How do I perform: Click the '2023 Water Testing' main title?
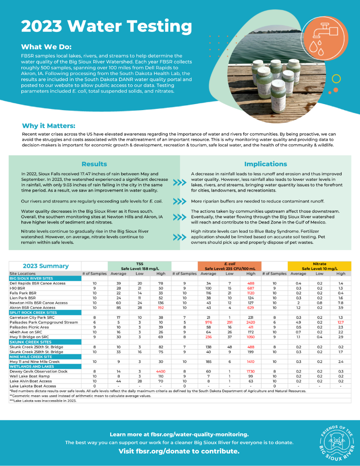(x=107, y=26)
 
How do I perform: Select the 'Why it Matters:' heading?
(x=48, y=126)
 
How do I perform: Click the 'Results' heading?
(x=94, y=164)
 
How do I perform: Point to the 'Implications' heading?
(x=265, y=164)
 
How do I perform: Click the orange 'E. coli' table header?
(x=229, y=266)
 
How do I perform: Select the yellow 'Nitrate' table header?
(x=320, y=266)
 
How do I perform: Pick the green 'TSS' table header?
(x=139, y=266)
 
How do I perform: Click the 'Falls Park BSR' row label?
(x=23, y=293)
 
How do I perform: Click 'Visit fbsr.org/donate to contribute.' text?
(x=179, y=451)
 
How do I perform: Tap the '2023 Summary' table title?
(x=46, y=266)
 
